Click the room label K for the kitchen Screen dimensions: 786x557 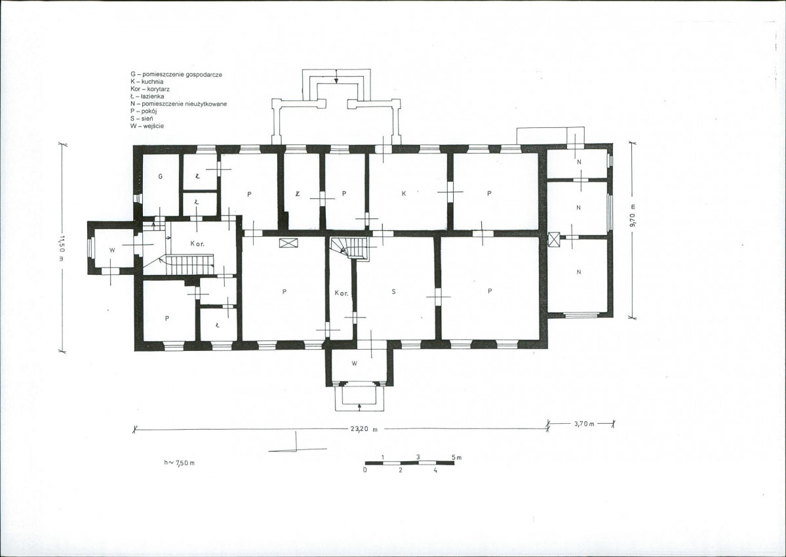[x=404, y=194]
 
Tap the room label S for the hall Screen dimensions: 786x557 [x=393, y=291]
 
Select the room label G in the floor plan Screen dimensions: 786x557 [x=161, y=176]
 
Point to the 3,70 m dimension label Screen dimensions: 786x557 [x=584, y=424]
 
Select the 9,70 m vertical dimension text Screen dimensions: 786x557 [x=633, y=217]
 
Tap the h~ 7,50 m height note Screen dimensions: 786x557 [x=179, y=463]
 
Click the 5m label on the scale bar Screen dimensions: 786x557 [x=456, y=457]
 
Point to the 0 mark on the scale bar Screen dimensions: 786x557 [x=365, y=470]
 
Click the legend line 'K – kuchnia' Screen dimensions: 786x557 [x=147, y=81]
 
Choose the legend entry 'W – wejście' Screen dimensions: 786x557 [x=147, y=127]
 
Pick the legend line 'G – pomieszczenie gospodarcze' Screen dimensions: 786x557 [x=176, y=74]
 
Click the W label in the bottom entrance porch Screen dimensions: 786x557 [x=354, y=364]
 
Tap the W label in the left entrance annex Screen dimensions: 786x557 [x=112, y=249]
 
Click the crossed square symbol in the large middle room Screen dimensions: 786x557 [x=289, y=243]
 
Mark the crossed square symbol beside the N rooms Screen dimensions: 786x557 [x=554, y=239]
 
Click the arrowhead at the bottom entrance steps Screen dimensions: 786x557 [x=359, y=403]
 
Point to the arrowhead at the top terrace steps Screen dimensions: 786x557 [x=337, y=80]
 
